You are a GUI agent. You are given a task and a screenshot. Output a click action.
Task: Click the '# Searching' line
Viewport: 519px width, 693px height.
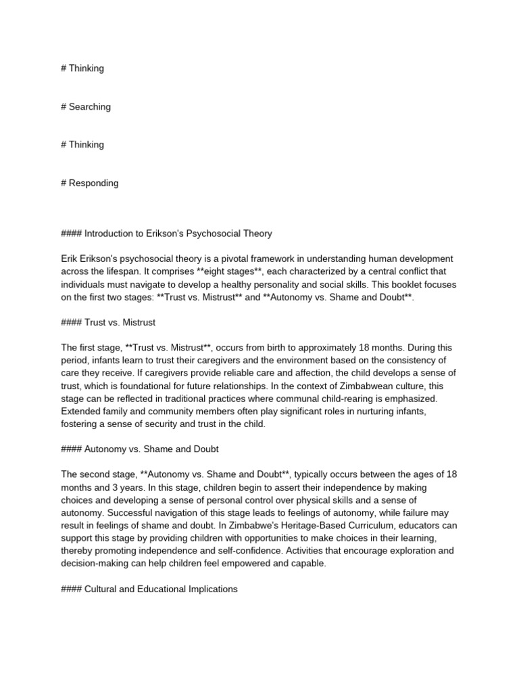click(x=86, y=106)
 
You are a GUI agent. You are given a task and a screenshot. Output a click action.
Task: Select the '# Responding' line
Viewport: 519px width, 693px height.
click(x=89, y=183)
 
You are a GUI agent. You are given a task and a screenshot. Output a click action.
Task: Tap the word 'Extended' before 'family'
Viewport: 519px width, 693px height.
click(x=82, y=411)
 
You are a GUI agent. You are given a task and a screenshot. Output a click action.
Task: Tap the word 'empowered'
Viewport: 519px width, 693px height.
click(x=242, y=564)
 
